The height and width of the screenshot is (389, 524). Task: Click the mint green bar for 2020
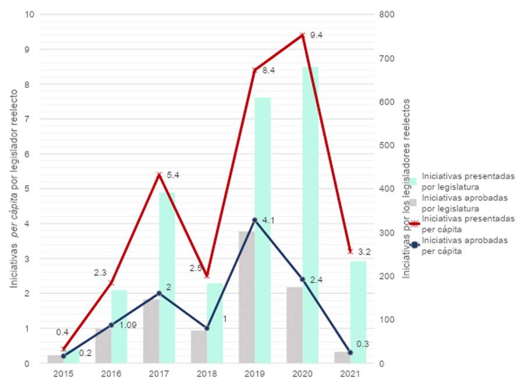point(310,215)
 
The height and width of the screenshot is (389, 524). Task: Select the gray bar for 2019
point(246,297)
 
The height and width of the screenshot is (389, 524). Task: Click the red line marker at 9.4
point(302,35)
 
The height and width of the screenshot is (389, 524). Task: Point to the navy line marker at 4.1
point(254,220)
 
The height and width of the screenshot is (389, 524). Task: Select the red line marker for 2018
point(207,276)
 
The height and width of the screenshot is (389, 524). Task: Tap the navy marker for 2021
point(350,353)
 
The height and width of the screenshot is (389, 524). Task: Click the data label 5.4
point(173,175)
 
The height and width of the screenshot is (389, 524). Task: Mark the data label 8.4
point(269,70)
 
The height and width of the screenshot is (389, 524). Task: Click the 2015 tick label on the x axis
point(63,374)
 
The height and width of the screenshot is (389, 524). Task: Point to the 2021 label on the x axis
point(350,374)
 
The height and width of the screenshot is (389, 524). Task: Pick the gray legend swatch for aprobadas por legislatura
point(413,203)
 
